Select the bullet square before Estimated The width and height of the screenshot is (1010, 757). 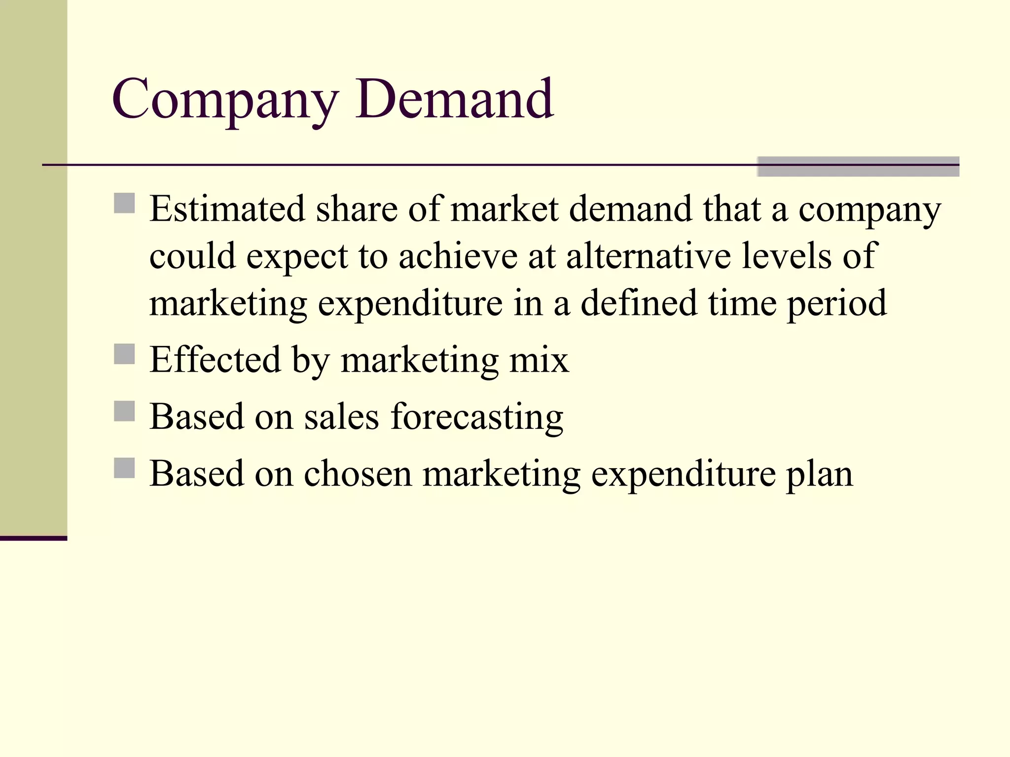coord(124,203)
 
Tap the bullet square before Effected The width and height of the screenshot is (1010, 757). coord(124,354)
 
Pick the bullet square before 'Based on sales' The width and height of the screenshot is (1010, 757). coord(124,411)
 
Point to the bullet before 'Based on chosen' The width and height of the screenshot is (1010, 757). coord(124,468)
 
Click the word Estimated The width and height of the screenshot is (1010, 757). coord(227,209)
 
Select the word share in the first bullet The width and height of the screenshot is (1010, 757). coord(357,209)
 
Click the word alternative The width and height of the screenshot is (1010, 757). coord(648,256)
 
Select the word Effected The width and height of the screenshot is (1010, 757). coord(215,360)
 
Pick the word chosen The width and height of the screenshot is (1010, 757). coord(358,474)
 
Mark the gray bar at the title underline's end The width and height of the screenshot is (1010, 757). coord(858,167)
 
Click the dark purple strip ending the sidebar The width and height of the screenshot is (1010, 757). coord(34,538)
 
